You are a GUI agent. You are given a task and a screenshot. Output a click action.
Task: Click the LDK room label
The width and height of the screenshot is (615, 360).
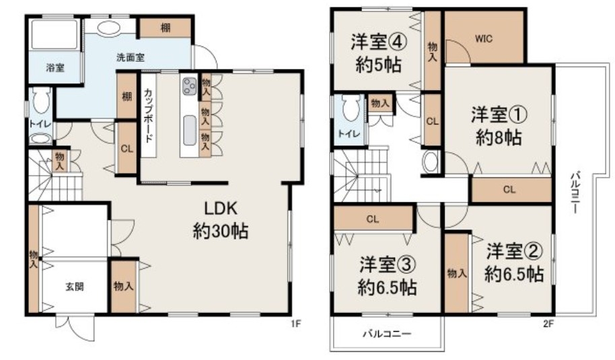[221, 209]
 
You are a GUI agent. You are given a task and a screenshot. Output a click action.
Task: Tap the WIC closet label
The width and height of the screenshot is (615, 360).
[484, 39]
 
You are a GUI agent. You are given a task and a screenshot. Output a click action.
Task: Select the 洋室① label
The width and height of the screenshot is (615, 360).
[499, 114]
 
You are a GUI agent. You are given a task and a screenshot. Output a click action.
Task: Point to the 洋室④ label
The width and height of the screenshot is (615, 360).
[379, 42]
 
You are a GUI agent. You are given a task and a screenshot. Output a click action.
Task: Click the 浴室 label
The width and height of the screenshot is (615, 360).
[55, 68]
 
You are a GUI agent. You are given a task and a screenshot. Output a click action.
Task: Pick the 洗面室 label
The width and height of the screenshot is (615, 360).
[131, 57]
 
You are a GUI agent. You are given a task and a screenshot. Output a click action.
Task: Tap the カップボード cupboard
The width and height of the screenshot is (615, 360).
[148, 115]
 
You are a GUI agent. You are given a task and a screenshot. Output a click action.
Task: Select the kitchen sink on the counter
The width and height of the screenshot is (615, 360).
[190, 130]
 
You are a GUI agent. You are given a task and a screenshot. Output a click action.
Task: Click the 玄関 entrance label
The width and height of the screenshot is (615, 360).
[74, 287]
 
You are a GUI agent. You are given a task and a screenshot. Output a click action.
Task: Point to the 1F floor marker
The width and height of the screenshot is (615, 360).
[295, 324]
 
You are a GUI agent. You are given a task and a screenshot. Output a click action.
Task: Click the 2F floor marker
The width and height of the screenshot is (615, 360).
[548, 324]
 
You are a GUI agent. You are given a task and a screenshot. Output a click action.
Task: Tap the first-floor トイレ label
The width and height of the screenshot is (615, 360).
[40, 124]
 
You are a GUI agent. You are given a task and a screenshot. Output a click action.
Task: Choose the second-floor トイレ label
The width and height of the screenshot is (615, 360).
[349, 134]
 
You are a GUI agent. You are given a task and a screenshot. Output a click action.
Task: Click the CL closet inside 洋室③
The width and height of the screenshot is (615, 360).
[373, 219]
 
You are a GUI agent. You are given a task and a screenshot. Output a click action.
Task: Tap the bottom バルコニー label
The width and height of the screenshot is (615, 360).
[387, 334]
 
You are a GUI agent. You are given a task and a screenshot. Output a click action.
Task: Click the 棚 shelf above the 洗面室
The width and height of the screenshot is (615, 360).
[166, 28]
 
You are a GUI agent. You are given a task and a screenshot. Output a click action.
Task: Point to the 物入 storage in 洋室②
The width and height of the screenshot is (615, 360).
[458, 273]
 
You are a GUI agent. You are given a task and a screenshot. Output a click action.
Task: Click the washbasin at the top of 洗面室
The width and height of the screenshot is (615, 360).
[108, 28]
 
